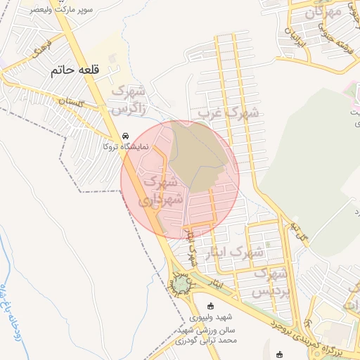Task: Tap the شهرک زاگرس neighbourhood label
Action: (x=129, y=99)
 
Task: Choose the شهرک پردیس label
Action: (x=271, y=282)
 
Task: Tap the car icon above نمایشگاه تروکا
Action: (x=125, y=136)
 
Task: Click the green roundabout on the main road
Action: (x=182, y=284)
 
